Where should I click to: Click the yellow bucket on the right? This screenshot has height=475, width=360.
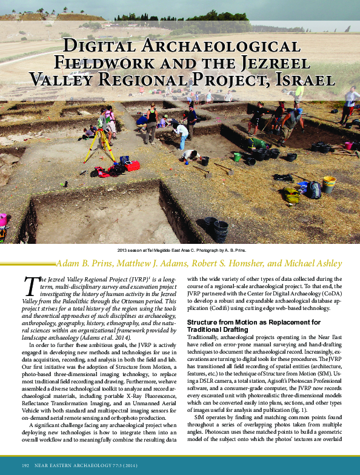click(x=329, y=183)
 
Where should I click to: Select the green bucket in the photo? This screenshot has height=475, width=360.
click(x=237, y=157)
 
